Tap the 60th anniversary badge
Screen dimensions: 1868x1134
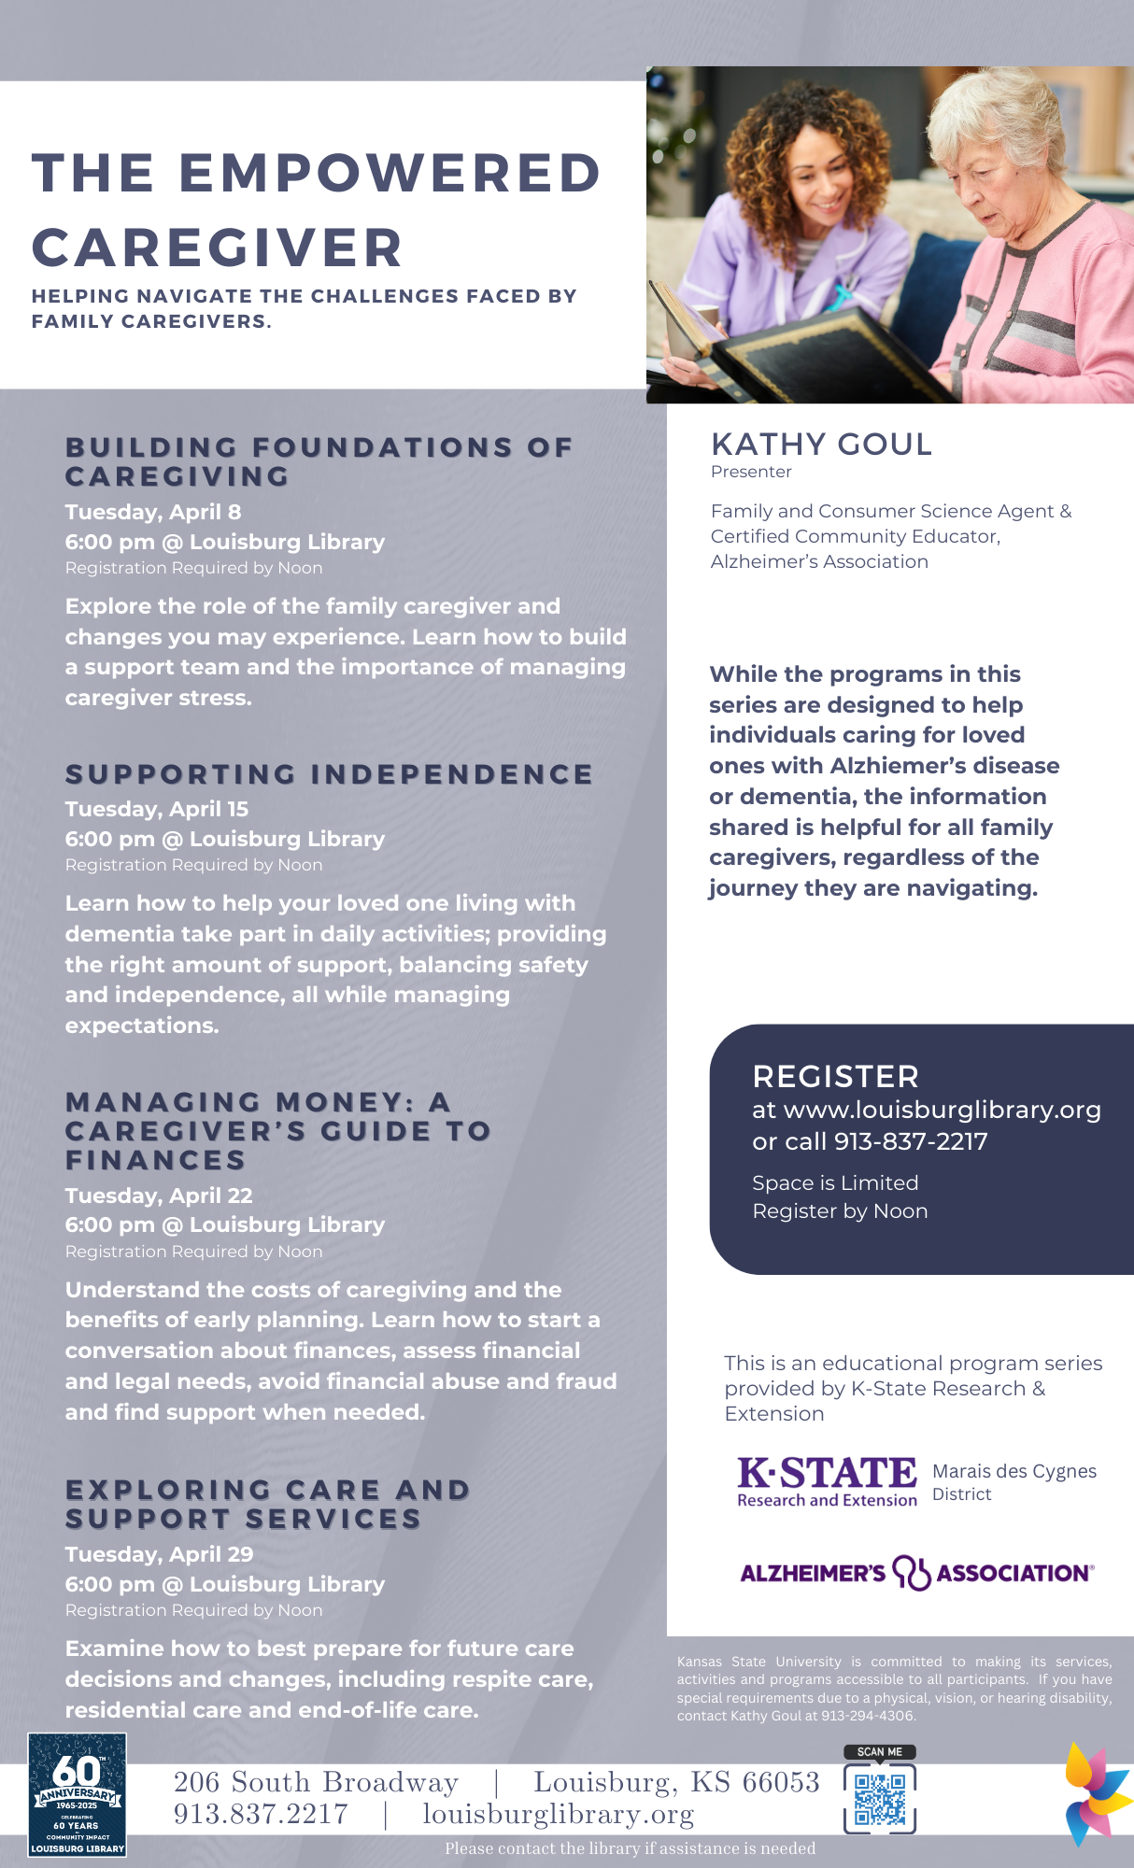[77, 1794]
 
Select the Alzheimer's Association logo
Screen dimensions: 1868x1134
[916, 1573]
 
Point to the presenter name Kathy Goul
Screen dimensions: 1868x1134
[821, 445]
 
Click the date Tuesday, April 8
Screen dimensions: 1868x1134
[153, 512]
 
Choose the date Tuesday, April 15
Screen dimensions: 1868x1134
[157, 809]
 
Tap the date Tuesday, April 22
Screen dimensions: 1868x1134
[159, 1196]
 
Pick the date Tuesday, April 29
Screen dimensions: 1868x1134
[159, 1554]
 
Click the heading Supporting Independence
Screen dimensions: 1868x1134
[329, 774]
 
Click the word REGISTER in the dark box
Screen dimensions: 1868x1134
[835, 1077]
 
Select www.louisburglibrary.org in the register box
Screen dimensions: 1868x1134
[942, 1110]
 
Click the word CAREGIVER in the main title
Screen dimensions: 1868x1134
[217, 248]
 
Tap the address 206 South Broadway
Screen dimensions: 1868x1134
[316, 1782]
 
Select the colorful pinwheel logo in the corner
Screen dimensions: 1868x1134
[1099, 1793]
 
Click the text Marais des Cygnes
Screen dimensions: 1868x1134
[1014, 1471]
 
